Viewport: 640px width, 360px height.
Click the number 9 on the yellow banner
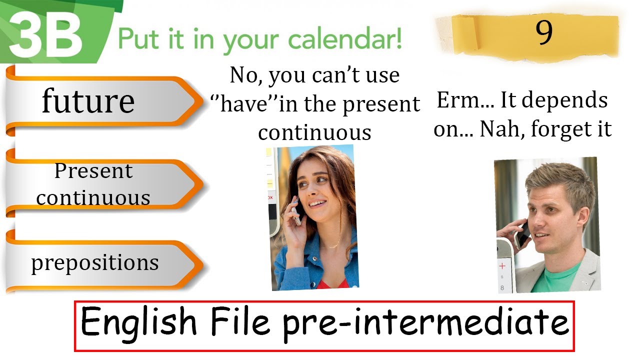point(544,33)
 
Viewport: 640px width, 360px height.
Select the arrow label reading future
point(88,101)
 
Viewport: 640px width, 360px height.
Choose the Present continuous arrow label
point(93,184)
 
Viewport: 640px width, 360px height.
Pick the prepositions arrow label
point(95,262)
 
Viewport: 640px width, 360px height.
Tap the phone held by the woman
point(296,213)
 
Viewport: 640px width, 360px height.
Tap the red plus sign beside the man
point(502,265)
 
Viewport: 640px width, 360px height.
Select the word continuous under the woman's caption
point(314,132)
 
